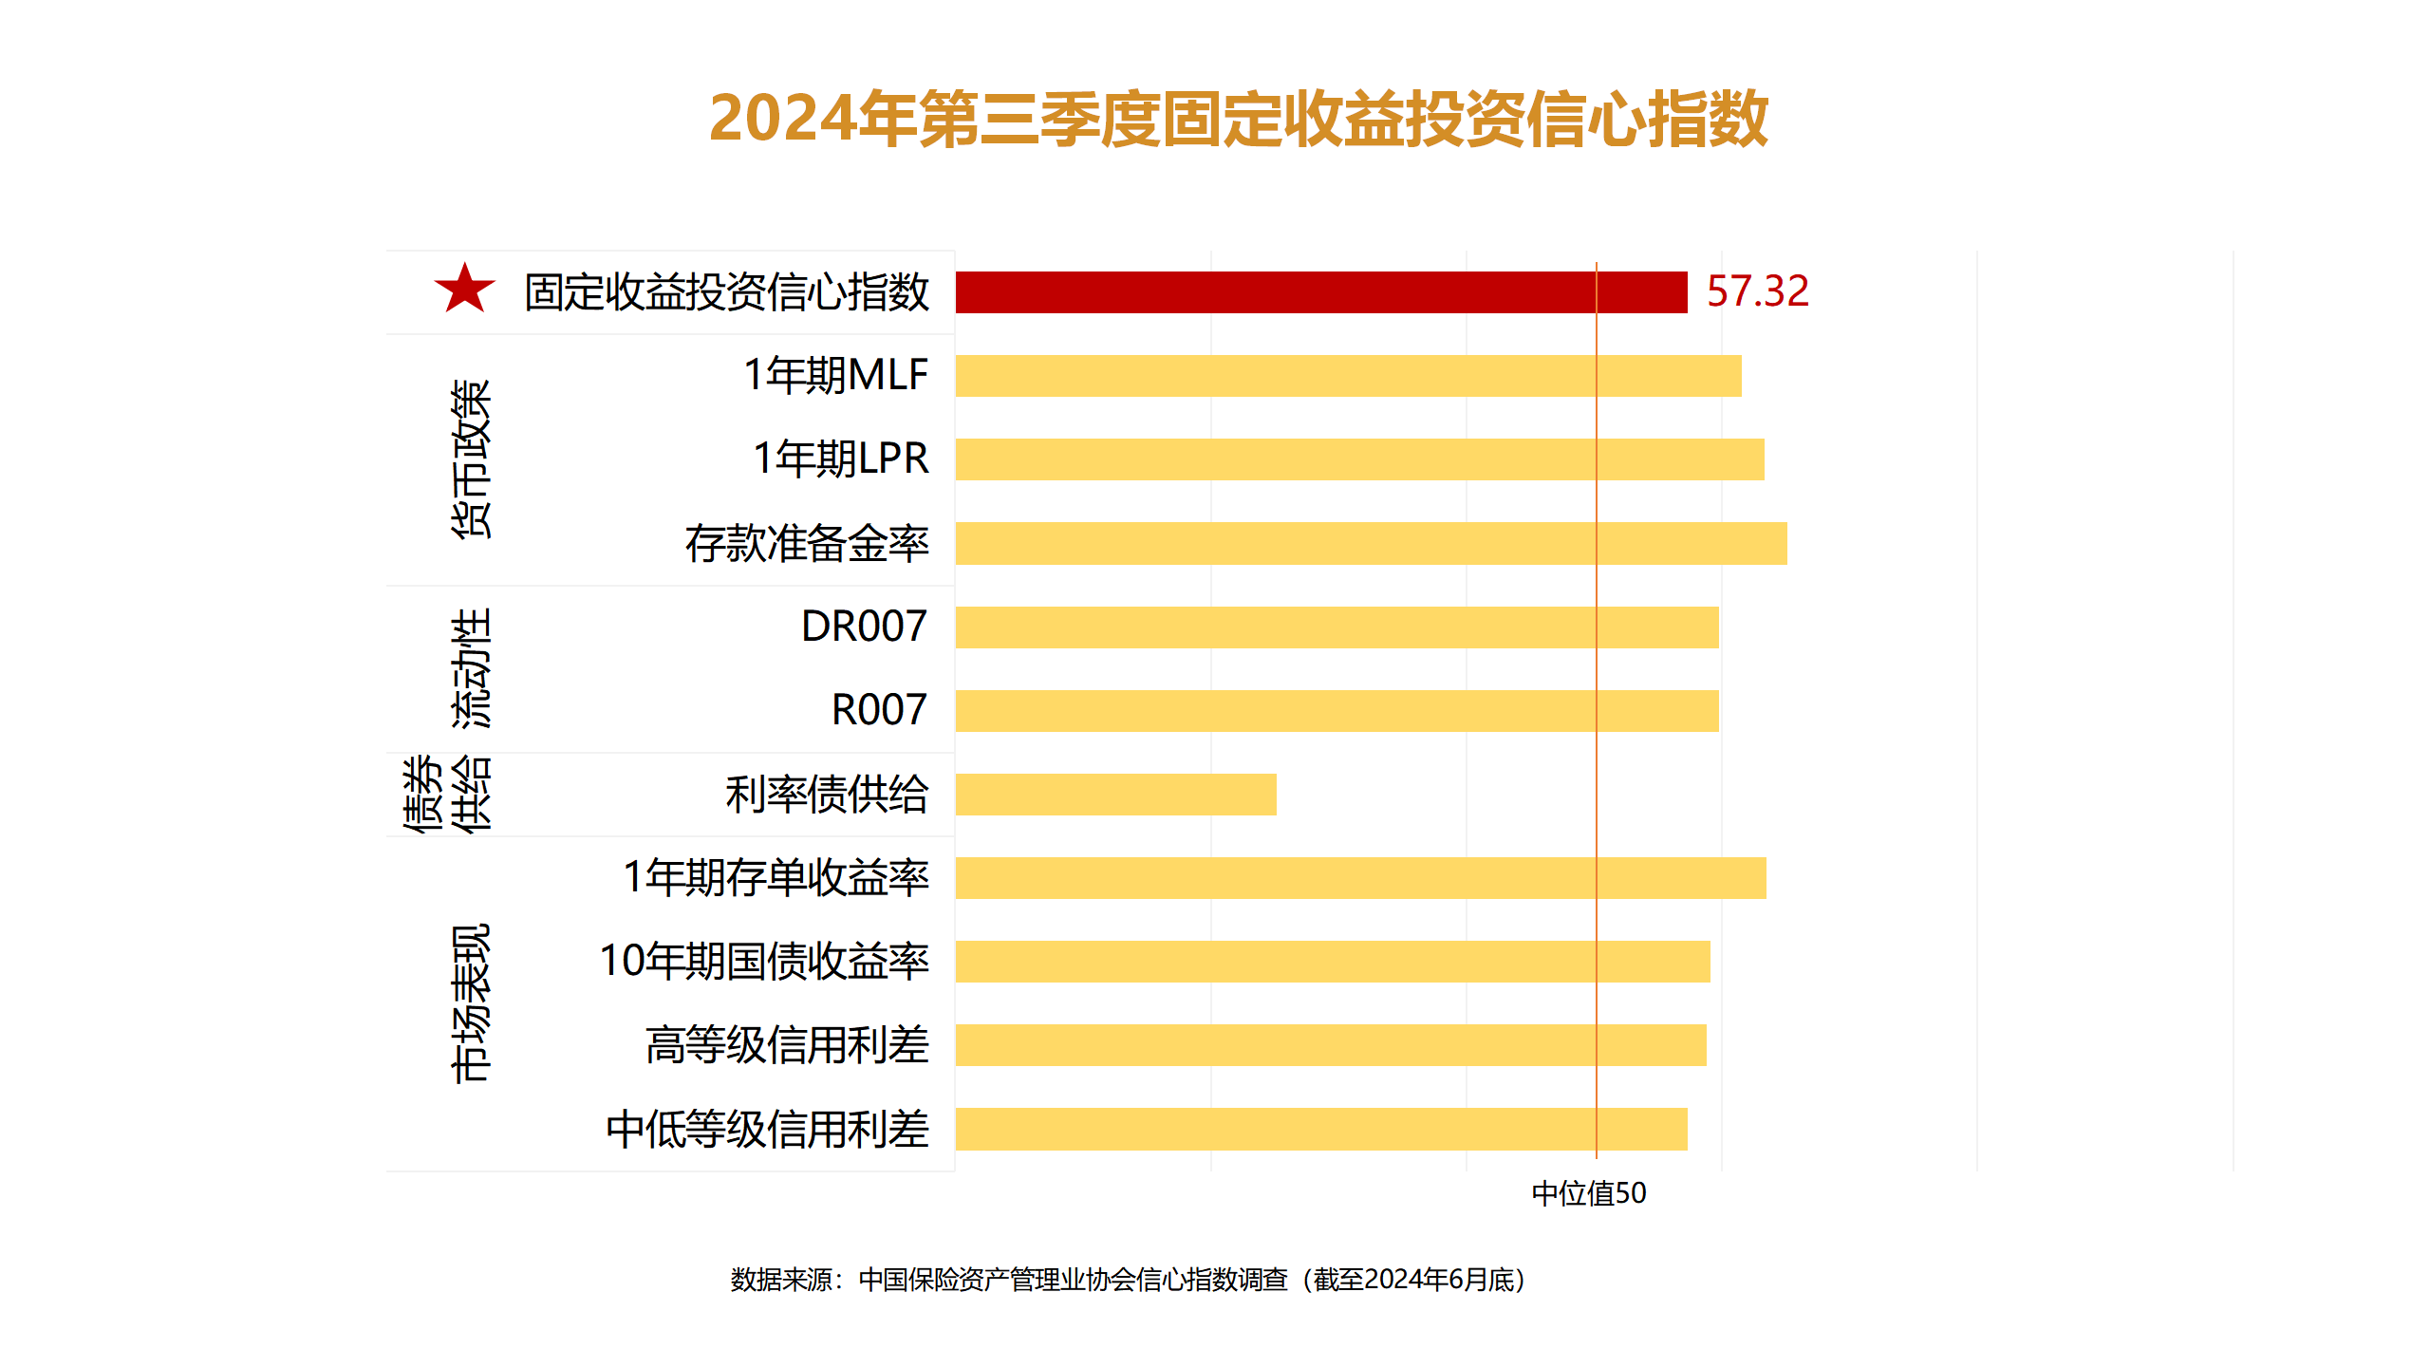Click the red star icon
464,289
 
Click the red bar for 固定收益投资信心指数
1320,292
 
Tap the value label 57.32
1757,291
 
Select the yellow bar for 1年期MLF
1348,376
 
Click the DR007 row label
864,627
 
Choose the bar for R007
1336,711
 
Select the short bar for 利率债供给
1115,795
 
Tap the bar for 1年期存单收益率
1360,878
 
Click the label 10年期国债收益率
764,962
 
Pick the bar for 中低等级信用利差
1320,1129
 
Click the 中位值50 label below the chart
1588,1193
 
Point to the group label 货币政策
471,459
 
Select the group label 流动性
471,668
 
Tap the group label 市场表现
471,1003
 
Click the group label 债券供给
447,795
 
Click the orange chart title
1238,119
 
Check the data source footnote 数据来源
1128,1280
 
